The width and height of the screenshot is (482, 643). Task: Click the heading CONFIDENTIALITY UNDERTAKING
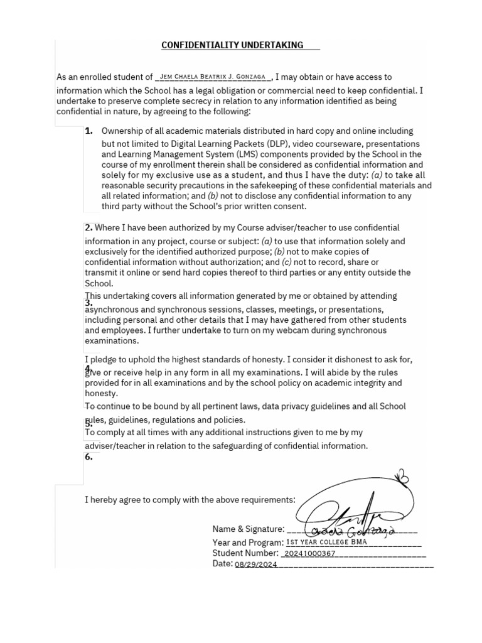pos(232,45)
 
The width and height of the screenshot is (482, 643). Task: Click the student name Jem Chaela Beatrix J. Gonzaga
pos(213,77)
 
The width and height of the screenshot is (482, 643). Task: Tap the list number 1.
pos(88,131)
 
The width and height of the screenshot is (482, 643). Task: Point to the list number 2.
pos(88,227)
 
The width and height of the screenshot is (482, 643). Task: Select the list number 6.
pos(88,457)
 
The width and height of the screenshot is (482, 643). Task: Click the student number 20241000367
pos(310,554)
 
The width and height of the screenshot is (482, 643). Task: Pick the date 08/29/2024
pos(255,565)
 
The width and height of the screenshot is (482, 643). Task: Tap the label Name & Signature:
pos(248,529)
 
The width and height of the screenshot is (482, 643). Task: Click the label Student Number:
pos(245,553)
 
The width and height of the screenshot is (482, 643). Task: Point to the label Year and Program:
pos(248,542)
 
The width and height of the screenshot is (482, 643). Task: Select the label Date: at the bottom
pos(222,564)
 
